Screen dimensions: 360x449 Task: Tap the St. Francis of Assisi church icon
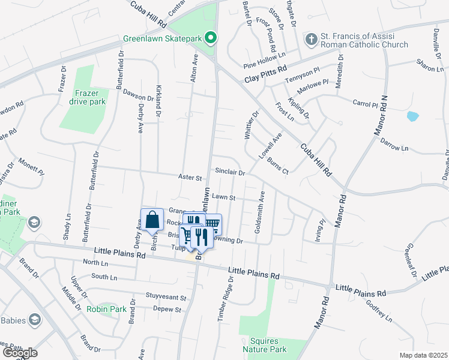pyautogui.click(x=311, y=40)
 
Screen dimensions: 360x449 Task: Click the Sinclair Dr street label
pyautogui.click(x=230, y=173)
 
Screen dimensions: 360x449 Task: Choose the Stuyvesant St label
pyautogui.click(x=166, y=297)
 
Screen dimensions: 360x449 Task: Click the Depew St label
pyautogui.click(x=167, y=310)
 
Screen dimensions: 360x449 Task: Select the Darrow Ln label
pyautogui.click(x=394, y=145)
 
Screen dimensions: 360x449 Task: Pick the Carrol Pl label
pyautogui.click(x=364, y=103)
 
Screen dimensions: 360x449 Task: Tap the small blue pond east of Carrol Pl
pyautogui.click(x=412, y=116)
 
